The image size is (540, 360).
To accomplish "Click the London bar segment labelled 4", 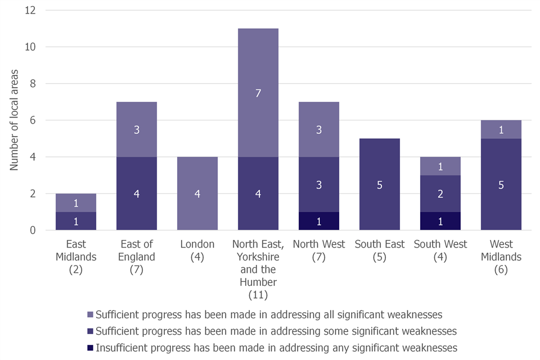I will tap(197, 193).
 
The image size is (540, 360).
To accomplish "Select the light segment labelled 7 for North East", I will tap(258, 93).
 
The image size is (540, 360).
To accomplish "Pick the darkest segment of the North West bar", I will tap(319, 220).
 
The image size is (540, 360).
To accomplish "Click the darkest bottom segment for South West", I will tap(440, 220).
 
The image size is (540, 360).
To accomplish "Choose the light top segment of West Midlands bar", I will tap(501, 129).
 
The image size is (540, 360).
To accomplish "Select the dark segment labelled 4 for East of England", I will tap(137, 193).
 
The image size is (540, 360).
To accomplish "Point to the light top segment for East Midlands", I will tap(76, 202).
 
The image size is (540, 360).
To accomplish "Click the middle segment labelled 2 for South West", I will tap(440, 193).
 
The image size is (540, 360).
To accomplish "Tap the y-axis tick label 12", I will tap(31, 10).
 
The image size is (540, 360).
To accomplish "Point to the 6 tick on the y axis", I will tap(33, 120).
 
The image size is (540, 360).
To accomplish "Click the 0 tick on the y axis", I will tap(33, 230).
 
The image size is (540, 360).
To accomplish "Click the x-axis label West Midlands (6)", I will tap(501, 257).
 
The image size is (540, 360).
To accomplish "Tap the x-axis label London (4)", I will tap(197, 251).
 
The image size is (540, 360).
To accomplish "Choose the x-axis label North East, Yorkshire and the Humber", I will tap(258, 269).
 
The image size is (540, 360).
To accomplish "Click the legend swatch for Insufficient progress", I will tap(91, 347).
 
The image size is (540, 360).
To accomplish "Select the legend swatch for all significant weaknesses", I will tap(91, 314).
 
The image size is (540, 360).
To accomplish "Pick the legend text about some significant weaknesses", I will tap(276, 331).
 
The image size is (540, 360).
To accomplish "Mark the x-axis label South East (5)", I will tap(380, 251).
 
